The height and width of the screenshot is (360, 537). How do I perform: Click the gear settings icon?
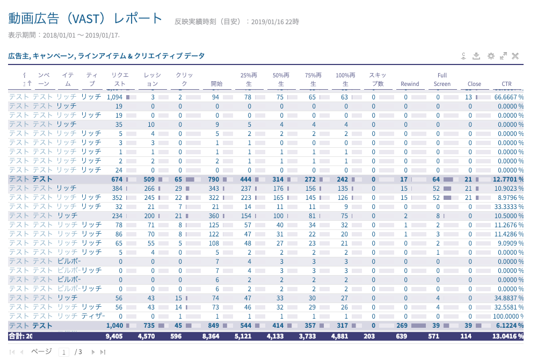coord(490,56)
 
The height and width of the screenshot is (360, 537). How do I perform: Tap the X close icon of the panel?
coord(515,56)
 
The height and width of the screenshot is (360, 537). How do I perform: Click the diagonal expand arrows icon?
coord(503,56)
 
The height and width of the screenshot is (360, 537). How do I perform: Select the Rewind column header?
coord(410,84)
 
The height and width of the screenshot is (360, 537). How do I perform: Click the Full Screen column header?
coord(442,80)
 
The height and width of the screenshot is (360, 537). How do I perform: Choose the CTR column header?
coord(506,84)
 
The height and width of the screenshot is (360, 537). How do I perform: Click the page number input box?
coord(64,352)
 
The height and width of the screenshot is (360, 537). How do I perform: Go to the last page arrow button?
coord(103,352)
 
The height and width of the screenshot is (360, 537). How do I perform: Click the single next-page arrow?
coord(93,352)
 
